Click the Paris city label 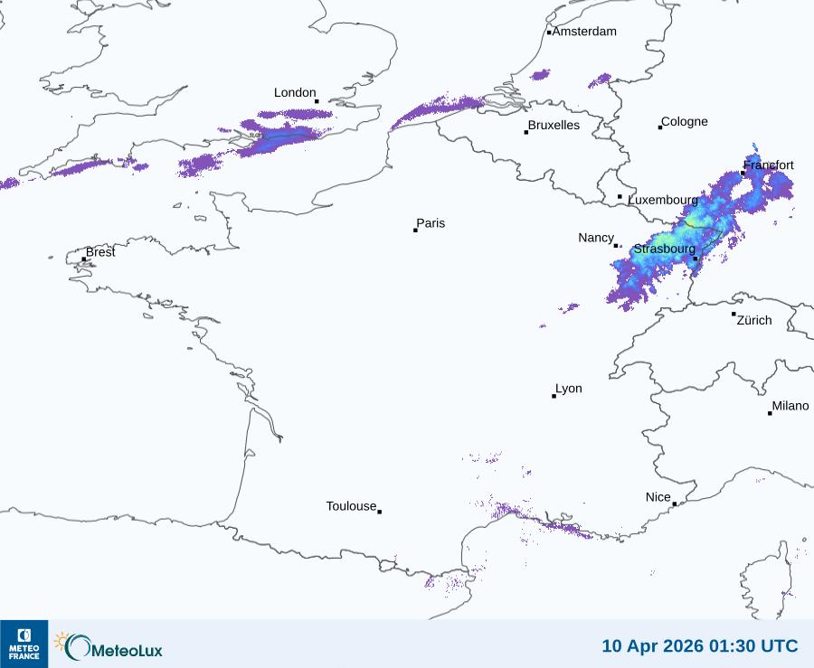pyautogui.click(x=431, y=223)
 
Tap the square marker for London pyautogui.click(x=317, y=101)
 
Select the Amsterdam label pyautogui.click(x=584, y=32)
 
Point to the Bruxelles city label pyautogui.click(x=554, y=126)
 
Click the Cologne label pyautogui.click(x=685, y=122)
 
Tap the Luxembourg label pyautogui.click(x=663, y=199)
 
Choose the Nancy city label pyautogui.click(x=596, y=238)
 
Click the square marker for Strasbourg pyautogui.click(x=696, y=259)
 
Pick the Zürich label pyautogui.click(x=754, y=320)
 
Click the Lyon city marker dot pyautogui.click(x=554, y=396)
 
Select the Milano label pyautogui.click(x=790, y=407)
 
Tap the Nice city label pyautogui.click(x=658, y=497)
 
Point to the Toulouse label pyautogui.click(x=351, y=506)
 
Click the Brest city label pyautogui.click(x=100, y=252)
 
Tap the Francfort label pyautogui.click(x=769, y=165)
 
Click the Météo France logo pyautogui.click(x=24, y=644)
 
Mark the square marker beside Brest pyautogui.click(x=84, y=259)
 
